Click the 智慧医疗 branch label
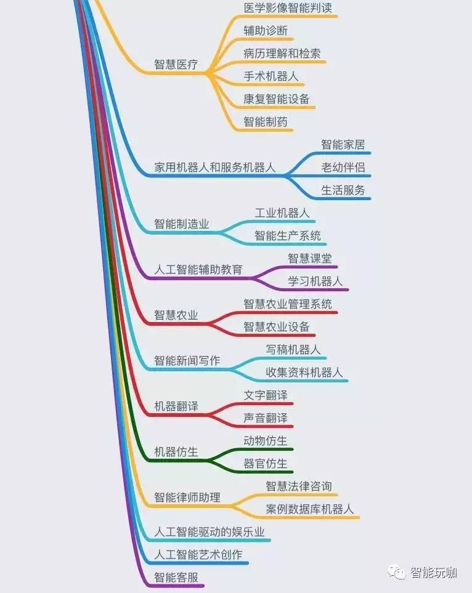pos(176,65)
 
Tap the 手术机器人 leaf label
pos(271,76)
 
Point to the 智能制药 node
pos(265,122)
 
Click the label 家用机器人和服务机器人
pos(214,167)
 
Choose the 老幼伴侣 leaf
pos(343,167)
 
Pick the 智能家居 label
pos(343,145)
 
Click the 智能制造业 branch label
pos(181,224)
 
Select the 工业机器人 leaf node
pos(282,213)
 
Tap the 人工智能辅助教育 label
pos(198,270)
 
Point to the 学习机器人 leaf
pos(315,281)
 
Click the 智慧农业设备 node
pos(276,327)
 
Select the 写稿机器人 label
pos(293,350)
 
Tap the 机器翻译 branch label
pos(176,407)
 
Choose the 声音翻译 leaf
pos(265,418)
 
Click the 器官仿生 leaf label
pos(265,464)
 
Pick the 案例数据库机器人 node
pos(309,509)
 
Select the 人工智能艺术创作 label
pos(198,555)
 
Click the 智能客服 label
pos(176,578)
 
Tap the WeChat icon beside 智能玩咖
pos(396,573)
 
